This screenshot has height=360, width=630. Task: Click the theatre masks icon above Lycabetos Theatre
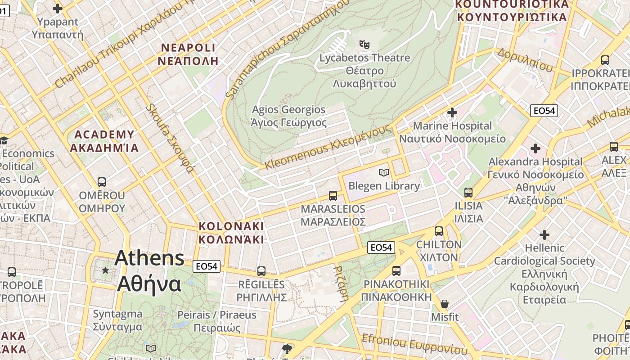click(x=364, y=44)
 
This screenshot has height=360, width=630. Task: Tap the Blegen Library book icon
click(x=384, y=172)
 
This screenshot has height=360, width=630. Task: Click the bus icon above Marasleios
click(x=333, y=195)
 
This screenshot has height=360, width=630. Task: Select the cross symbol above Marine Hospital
click(x=452, y=112)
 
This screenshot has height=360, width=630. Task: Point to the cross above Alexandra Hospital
click(x=535, y=148)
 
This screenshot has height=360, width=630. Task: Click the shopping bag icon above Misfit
click(x=445, y=304)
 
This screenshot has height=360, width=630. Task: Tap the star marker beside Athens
click(x=105, y=270)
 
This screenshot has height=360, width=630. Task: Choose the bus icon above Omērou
click(x=102, y=182)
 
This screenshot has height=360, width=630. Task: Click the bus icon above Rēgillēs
click(x=261, y=271)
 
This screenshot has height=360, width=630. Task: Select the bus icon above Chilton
click(x=439, y=231)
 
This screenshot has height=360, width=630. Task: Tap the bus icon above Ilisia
click(x=468, y=193)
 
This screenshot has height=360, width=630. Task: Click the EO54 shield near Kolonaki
click(x=207, y=266)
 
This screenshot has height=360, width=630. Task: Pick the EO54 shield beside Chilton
click(x=381, y=247)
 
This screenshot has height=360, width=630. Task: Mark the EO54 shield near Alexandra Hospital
click(x=544, y=111)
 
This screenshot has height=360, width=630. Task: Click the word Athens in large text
click(x=149, y=258)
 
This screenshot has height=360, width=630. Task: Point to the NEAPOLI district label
click(x=189, y=48)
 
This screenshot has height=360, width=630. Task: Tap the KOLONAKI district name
click(x=231, y=226)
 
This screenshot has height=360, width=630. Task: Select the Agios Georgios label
click(x=288, y=110)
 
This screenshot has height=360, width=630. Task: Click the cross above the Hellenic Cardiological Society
click(x=544, y=234)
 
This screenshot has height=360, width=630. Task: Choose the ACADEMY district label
click(x=104, y=135)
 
